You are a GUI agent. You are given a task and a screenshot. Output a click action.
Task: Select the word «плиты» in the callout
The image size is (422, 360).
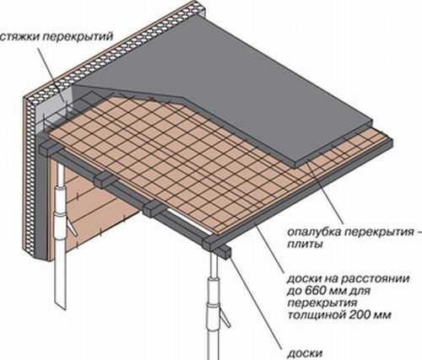(305, 244)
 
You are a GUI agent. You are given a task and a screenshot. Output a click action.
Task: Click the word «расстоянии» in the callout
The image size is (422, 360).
(376, 280)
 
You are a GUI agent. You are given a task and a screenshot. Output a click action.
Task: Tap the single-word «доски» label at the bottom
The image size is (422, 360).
(305, 353)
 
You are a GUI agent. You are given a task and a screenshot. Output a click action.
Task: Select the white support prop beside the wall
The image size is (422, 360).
(60, 236)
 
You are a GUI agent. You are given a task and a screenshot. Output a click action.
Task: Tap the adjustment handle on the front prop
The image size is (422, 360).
(225, 318)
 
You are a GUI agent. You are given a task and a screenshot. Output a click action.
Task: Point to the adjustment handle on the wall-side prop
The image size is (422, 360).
(71, 227)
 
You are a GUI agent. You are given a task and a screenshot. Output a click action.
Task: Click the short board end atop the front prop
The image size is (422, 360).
(224, 251)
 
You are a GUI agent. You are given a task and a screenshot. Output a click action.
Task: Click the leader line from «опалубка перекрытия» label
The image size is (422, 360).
(326, 191)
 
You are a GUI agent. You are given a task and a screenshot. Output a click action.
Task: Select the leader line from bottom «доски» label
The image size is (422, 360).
(256, 303)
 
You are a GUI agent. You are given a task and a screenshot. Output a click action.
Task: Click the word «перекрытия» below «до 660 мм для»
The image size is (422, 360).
(322, 304)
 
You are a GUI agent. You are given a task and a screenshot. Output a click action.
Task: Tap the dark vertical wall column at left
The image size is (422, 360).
(41, 196)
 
